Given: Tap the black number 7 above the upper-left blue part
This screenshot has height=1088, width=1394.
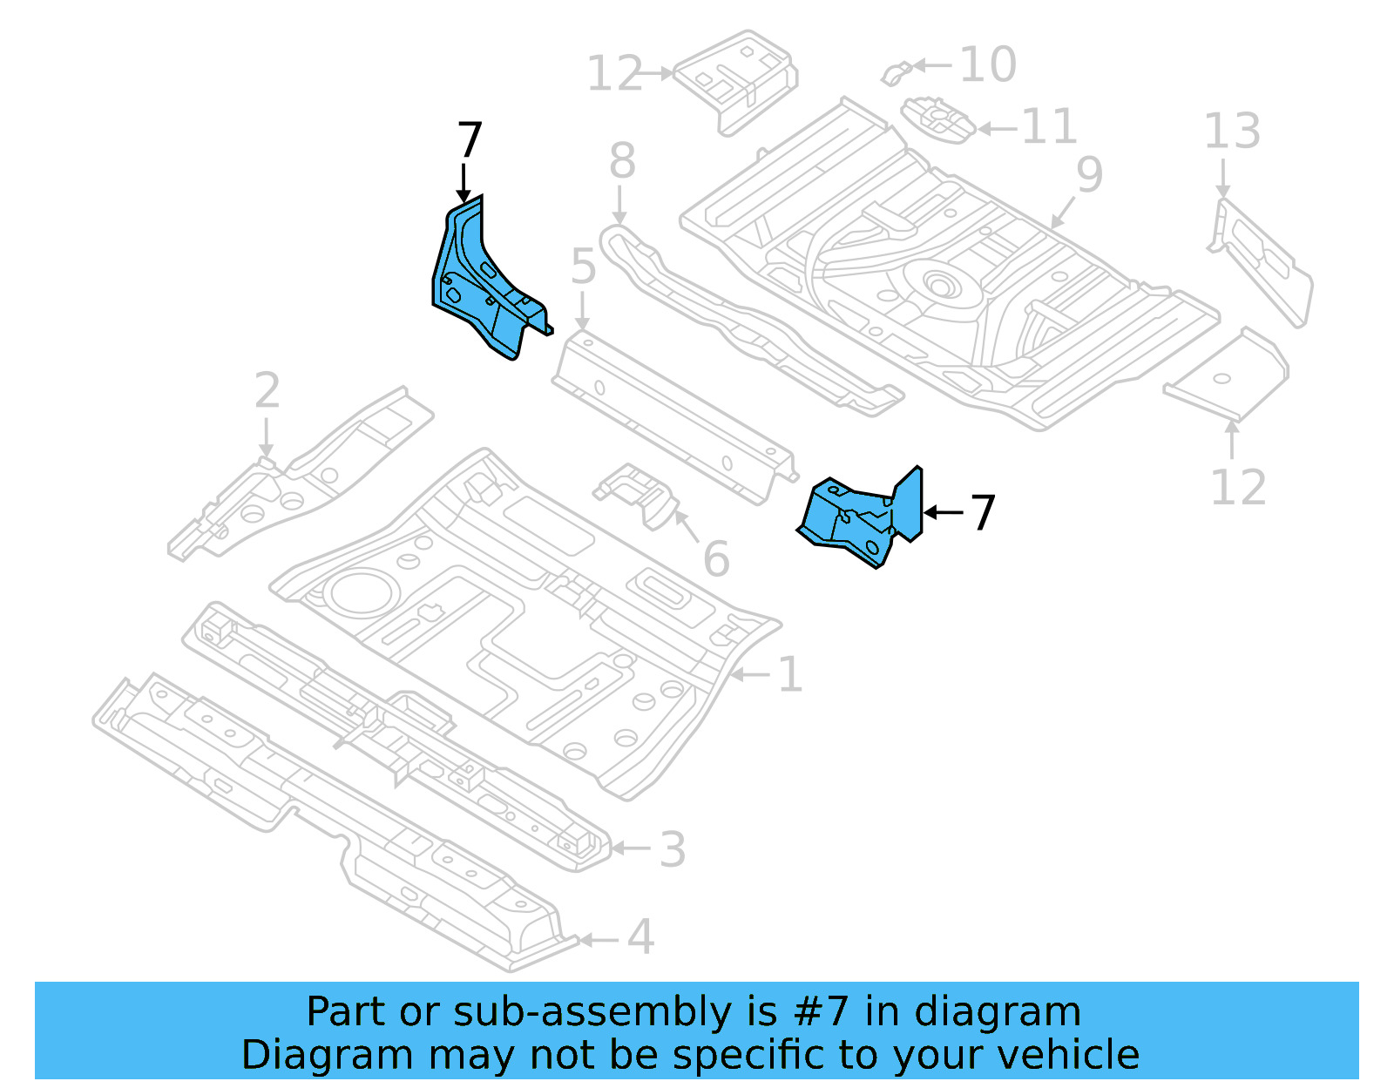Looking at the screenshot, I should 470,140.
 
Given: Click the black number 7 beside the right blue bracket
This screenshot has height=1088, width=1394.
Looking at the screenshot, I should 983,512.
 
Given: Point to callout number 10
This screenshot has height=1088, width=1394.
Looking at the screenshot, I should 988,64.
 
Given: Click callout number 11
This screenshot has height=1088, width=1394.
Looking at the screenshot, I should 1049,127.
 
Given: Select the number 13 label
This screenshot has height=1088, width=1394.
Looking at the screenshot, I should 1232,132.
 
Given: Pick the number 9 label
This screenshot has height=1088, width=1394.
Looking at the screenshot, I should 1089,174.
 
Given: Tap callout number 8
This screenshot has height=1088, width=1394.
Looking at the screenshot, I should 622,161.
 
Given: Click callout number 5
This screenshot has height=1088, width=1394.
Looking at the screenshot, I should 583,267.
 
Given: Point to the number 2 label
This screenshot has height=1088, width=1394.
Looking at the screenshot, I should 267,391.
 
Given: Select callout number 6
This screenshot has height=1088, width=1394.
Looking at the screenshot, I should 715,559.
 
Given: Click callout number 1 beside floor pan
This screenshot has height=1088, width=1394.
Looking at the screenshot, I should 789,675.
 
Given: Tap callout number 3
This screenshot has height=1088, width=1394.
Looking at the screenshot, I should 672,849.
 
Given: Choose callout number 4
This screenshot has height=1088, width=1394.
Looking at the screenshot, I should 640,937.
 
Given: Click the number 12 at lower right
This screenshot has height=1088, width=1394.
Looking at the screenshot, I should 1238,488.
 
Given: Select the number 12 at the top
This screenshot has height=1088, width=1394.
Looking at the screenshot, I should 614,74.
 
